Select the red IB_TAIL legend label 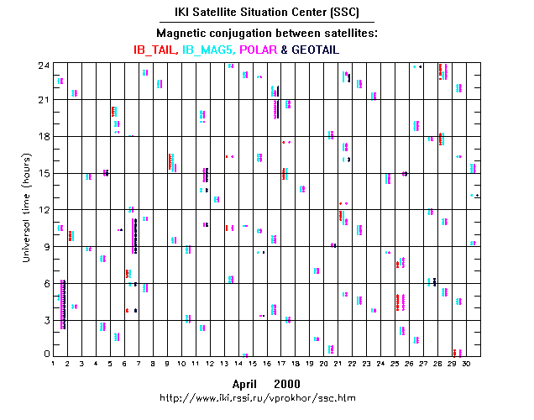(x=154, y=50)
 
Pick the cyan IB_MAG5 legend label (x=210, y=50)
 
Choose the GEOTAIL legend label (x=323, y=50)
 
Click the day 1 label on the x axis (x=53, y=363)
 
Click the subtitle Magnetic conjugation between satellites (x=267, y=33)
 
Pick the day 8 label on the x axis (x=153, y=363)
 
